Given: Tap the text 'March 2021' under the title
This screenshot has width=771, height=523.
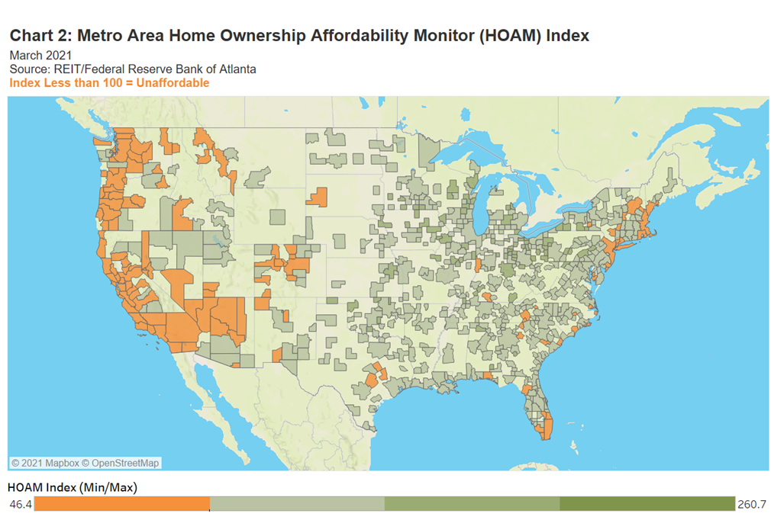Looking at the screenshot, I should click(x=40, y=55).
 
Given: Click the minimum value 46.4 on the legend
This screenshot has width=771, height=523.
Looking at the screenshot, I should click(x=21, y=504).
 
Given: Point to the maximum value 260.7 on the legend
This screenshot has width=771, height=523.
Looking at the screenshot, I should click(x=752, y=504).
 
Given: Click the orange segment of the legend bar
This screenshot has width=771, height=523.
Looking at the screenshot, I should click(x=122, y=504).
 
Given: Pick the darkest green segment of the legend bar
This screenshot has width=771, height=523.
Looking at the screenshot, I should click(x=647, y=504).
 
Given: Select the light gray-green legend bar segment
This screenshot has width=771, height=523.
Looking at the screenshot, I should click(x=297, y=504).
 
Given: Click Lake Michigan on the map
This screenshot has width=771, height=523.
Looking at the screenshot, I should click(x=482, y=213).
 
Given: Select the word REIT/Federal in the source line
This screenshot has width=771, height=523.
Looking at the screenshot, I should click(x=86, y=69).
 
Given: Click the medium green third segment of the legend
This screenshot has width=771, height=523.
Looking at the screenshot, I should click(x=472, y=504).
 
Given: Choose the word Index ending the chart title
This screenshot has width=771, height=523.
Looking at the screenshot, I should click(x=569, y=36).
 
